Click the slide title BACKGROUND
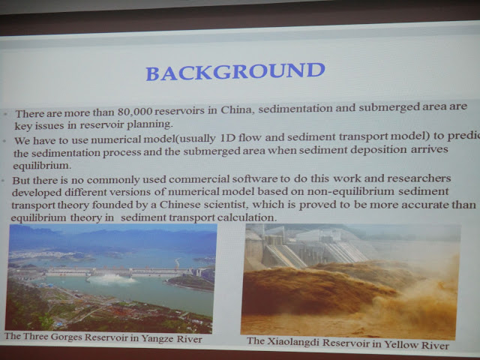235,72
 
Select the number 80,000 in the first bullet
135,112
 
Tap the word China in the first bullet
238,110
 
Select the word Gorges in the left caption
66,337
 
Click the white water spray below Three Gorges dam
112,279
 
